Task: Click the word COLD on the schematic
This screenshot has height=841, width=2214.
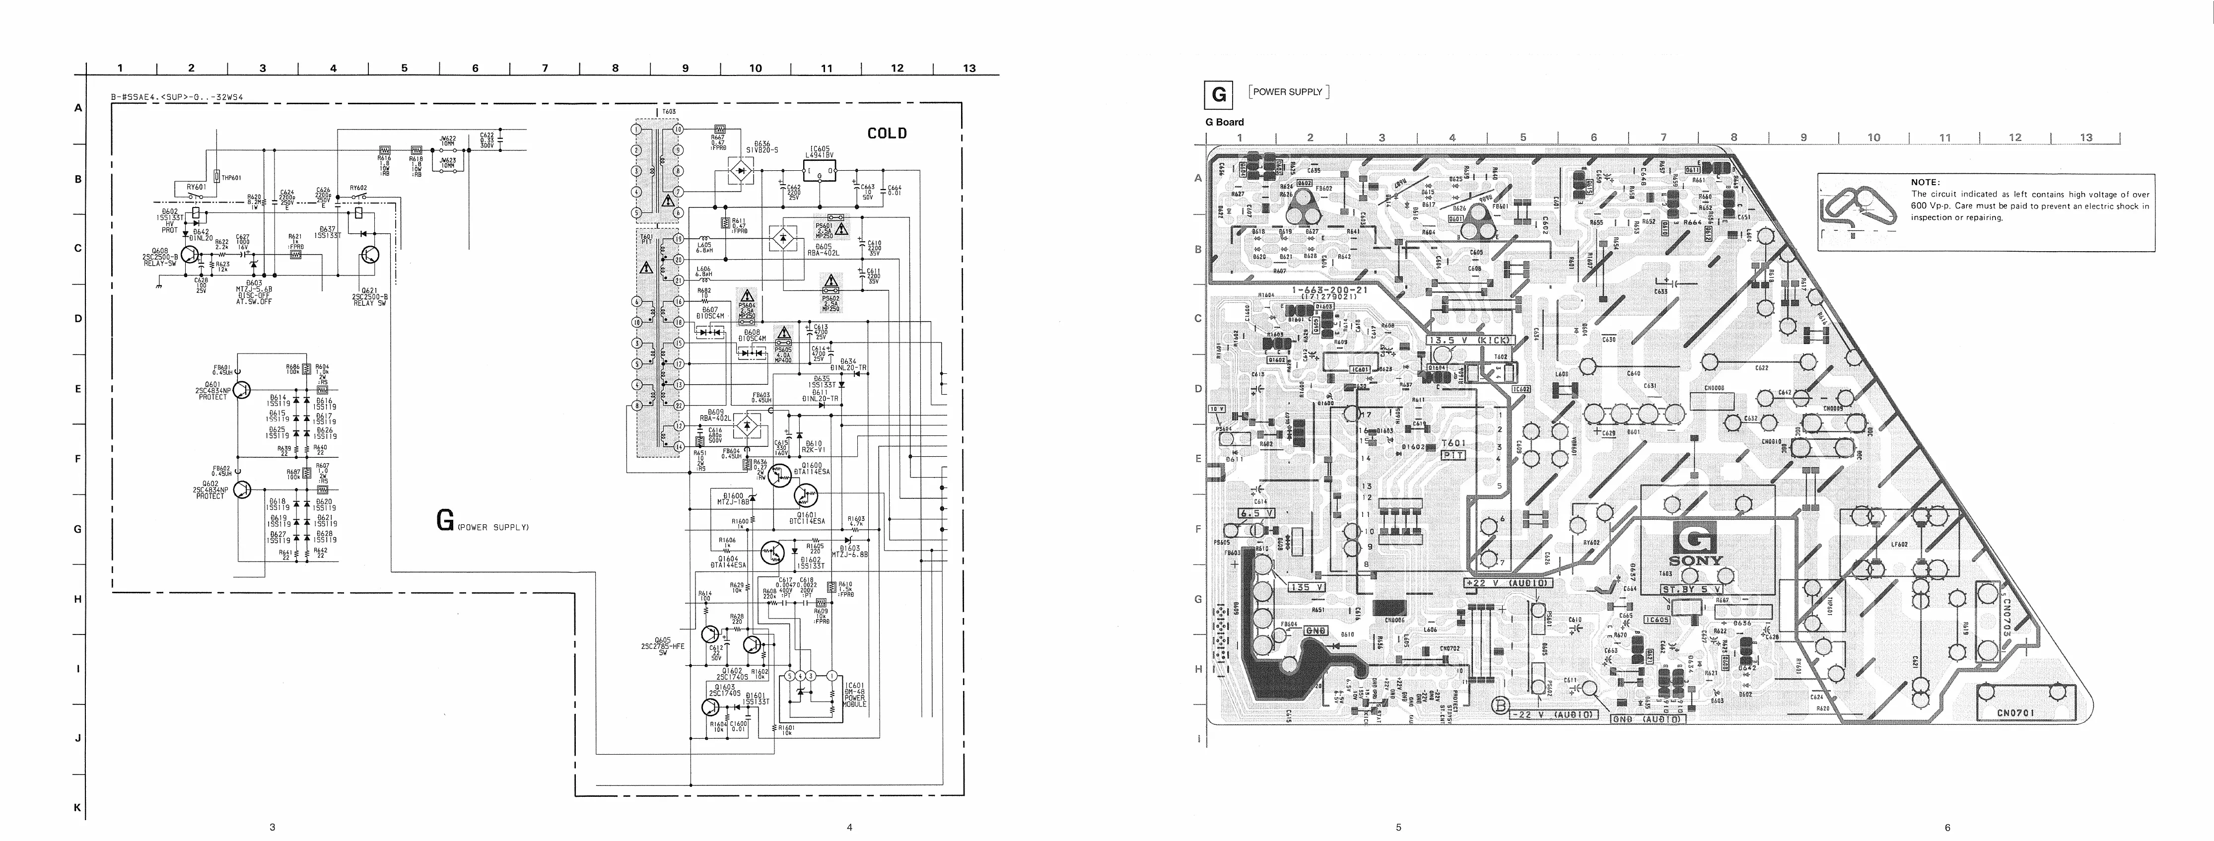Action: tap(886, 133)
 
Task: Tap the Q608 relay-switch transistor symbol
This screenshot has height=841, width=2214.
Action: tap(190, 255)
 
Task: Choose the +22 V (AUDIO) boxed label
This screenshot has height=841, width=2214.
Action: tap(1508, 583)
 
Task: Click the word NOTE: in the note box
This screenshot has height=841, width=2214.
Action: tap(1925, 182)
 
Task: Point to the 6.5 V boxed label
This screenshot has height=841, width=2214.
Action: tap(1255, 513)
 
